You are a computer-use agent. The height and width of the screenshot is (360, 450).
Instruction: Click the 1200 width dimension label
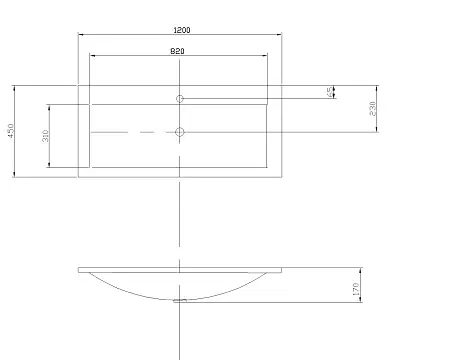[x=182, y=30]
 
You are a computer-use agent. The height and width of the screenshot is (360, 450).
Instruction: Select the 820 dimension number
[x=177, y=51]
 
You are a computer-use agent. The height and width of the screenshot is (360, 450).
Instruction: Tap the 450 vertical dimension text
[x=10, y=131]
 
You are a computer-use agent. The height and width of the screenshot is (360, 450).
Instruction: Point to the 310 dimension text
[x=45, y=136]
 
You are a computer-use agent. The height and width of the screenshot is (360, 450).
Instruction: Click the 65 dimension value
[x=329, y=92]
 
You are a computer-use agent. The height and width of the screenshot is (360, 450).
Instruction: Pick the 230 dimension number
[x=373, y=108]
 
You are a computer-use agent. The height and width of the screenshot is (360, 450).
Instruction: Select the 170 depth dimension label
[x=356, y=289]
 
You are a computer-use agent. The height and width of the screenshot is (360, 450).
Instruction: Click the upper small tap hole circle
[x=180, y=99]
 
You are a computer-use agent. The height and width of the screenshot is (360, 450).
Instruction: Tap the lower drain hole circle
[x=180, y=132]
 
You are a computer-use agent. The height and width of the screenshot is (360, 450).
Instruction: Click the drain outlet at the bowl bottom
[x=180, y=301]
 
